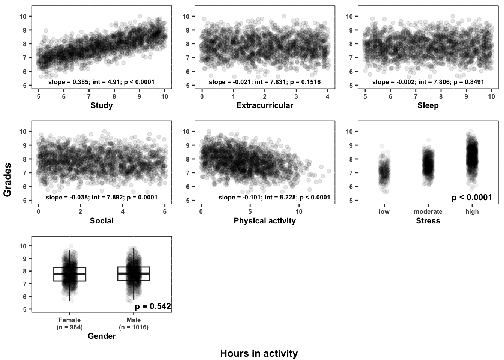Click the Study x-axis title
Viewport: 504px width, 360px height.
[x=102, y=105]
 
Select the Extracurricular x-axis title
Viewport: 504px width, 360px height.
[x=265, y=105]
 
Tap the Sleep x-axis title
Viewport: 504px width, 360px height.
[x=428, y=105]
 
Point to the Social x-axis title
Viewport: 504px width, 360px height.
[x=102, y=221]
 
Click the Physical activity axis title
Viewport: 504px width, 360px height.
[x=265, y=221]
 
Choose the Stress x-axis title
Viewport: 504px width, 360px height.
[x=428, y=221]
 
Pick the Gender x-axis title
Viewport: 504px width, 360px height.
[x=102, y=336]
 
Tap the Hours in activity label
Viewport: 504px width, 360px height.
[x=259, y=353]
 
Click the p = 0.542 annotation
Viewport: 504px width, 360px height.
[x=153, y=306]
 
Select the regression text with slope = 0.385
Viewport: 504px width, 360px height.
[x=102, y=82]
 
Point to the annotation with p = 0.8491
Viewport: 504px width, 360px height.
[x=428, y=82]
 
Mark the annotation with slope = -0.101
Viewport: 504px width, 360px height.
[x=274, y=197]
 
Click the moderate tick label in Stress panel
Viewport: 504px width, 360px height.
[x=428, y=211]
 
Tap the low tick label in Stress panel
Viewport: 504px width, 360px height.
[x=384, y=211]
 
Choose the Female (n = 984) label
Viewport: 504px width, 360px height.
[x=70, y=323]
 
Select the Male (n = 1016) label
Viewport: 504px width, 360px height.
[x=133, y=323]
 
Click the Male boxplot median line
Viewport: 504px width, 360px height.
[x=133, y=273]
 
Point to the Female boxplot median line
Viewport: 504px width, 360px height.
[x=70, y=274]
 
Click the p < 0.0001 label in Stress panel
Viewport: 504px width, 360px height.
[x=472, y=197]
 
